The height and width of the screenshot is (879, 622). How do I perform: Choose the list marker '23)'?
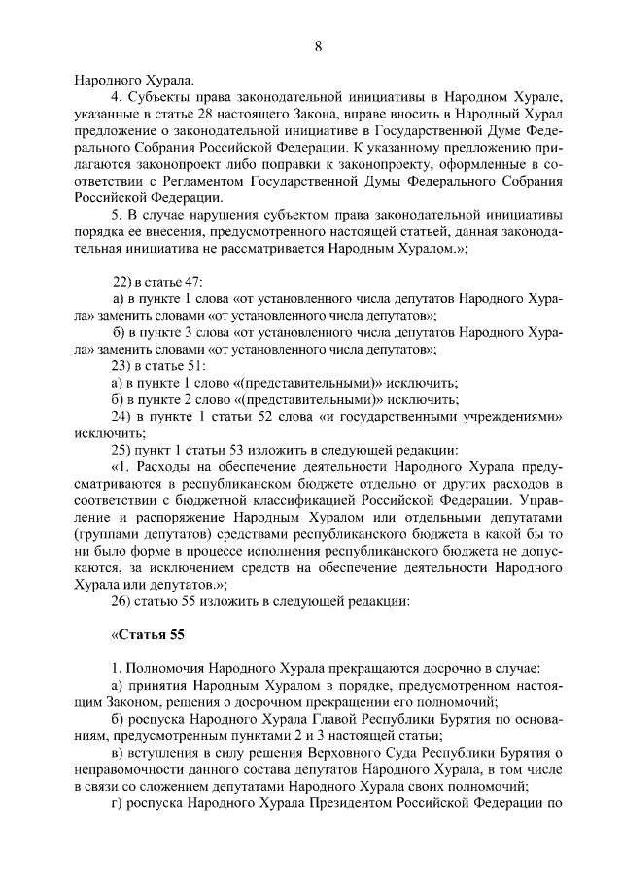tap(122, 365)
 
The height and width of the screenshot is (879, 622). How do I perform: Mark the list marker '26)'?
tap(122, 599)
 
